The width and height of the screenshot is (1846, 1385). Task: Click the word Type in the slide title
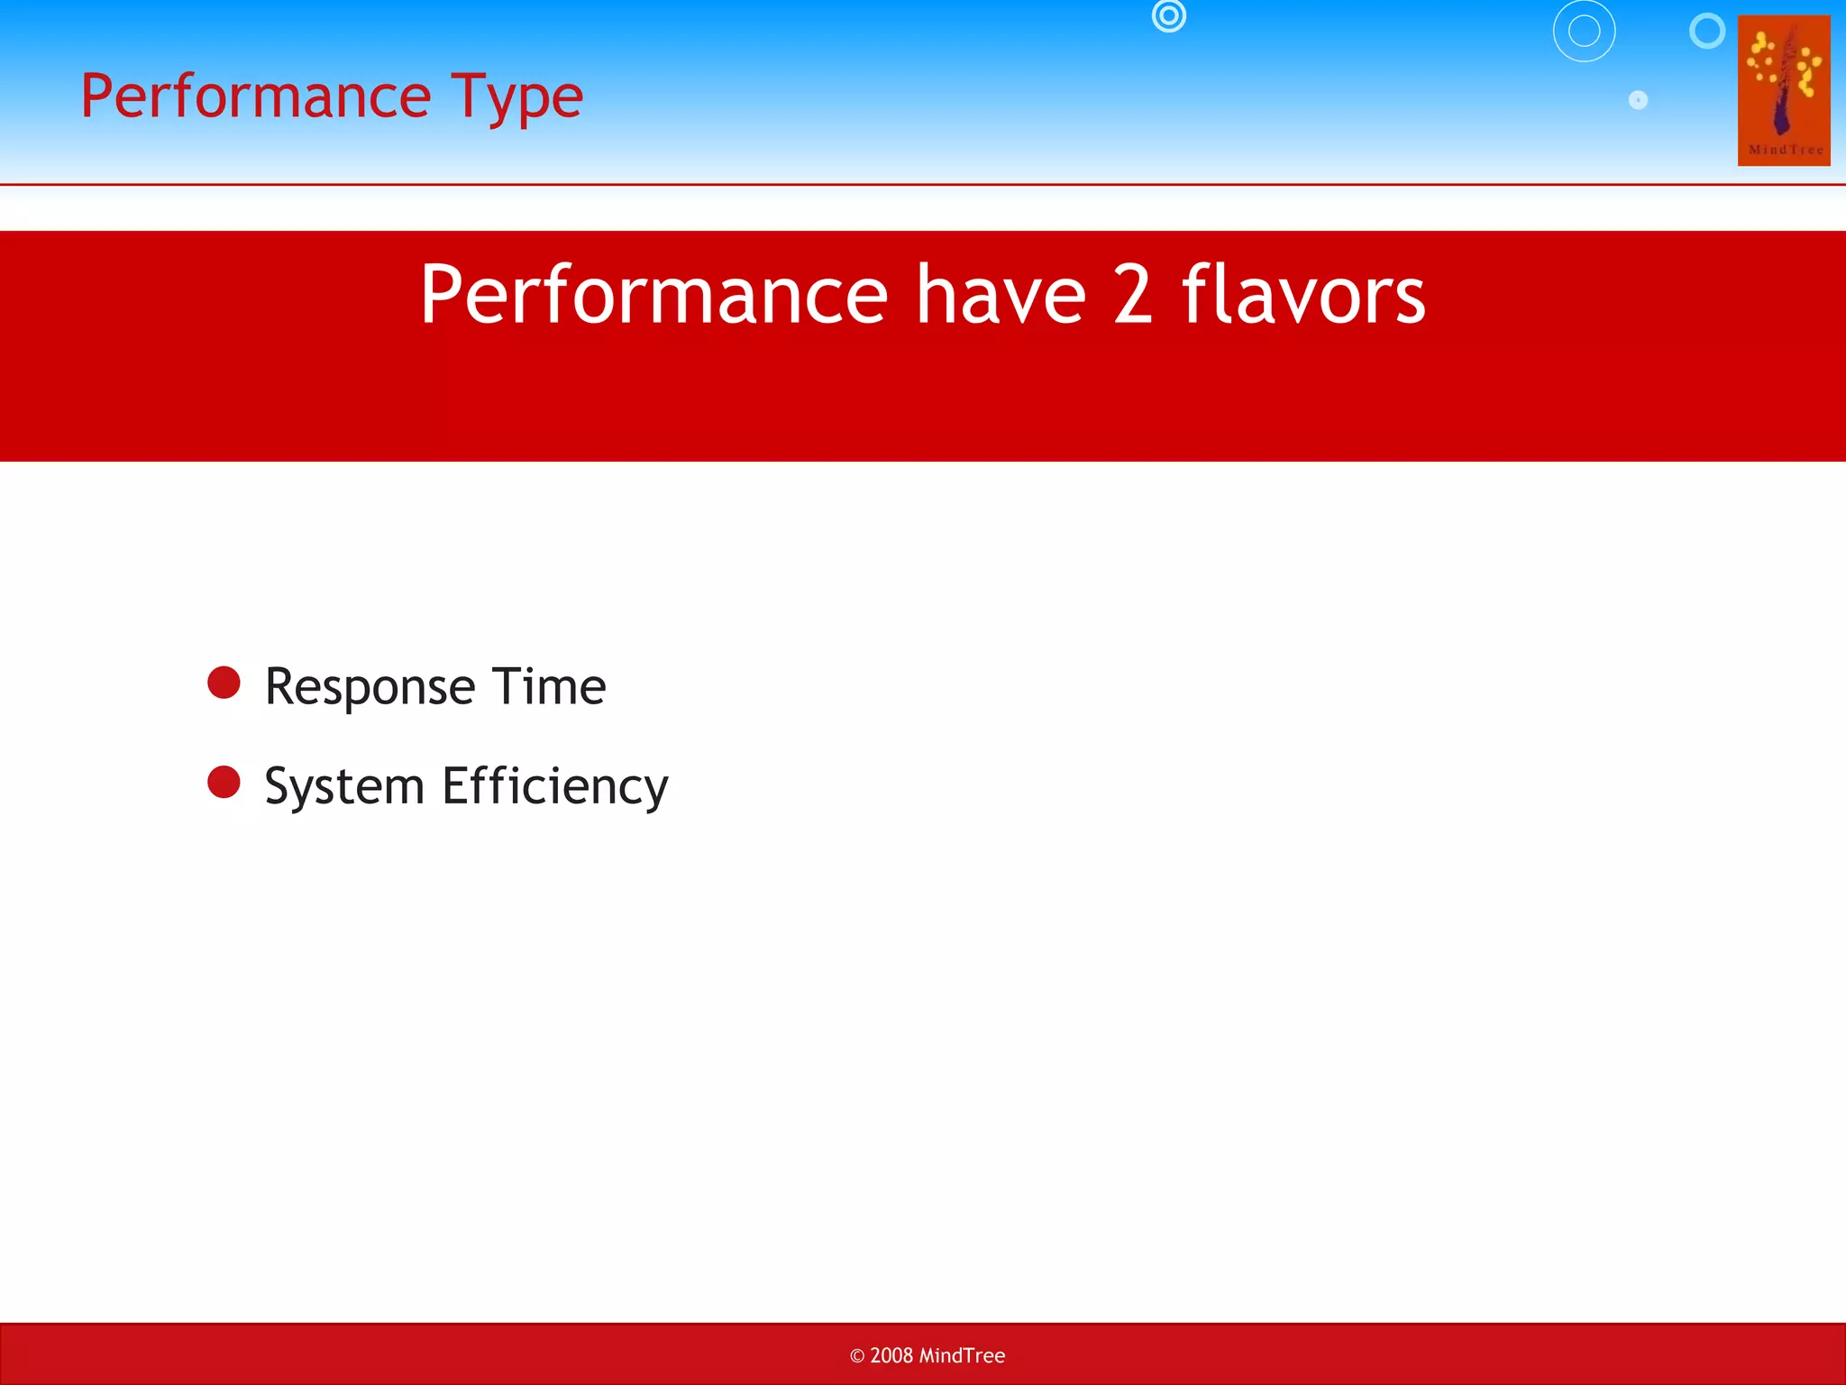517,97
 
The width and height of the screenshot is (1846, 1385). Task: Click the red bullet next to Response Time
224,683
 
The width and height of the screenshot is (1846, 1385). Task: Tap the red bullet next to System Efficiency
224,782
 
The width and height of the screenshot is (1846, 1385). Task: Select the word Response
370,687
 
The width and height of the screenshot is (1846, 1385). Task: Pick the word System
344,786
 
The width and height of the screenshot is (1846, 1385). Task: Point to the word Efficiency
555,786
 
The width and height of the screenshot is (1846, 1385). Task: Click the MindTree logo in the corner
1783,90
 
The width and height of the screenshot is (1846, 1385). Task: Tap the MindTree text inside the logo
1785,150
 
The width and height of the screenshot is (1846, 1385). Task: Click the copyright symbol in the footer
857,1356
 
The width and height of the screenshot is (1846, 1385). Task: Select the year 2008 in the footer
891,1355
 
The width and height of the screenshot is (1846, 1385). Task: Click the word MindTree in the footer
962,1355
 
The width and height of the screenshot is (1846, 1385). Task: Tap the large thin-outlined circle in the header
1584,32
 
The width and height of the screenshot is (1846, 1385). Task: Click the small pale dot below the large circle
1638,100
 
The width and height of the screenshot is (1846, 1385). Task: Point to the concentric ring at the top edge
1168,15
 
